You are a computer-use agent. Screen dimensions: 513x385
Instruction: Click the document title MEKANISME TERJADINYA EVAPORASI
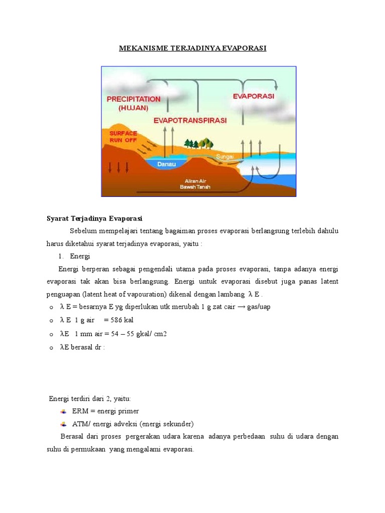[192, 48]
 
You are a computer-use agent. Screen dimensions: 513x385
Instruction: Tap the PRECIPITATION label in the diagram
[133, 99]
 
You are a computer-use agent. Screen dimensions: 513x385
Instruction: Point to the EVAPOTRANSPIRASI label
[190, 121]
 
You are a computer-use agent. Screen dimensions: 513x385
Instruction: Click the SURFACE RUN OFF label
[123, 137]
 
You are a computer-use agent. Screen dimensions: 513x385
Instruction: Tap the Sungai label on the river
[225, 157]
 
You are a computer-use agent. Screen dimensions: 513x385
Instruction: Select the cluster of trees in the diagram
[199, 144]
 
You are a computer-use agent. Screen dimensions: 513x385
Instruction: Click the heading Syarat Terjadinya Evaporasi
[95, 218]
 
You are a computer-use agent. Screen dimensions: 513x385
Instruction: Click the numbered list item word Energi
[80, 256]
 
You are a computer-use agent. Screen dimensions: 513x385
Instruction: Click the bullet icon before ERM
[63, 411]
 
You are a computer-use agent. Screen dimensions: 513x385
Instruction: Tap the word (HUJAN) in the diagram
[133, 108]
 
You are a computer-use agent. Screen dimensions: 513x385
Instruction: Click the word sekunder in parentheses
[177, 423]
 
